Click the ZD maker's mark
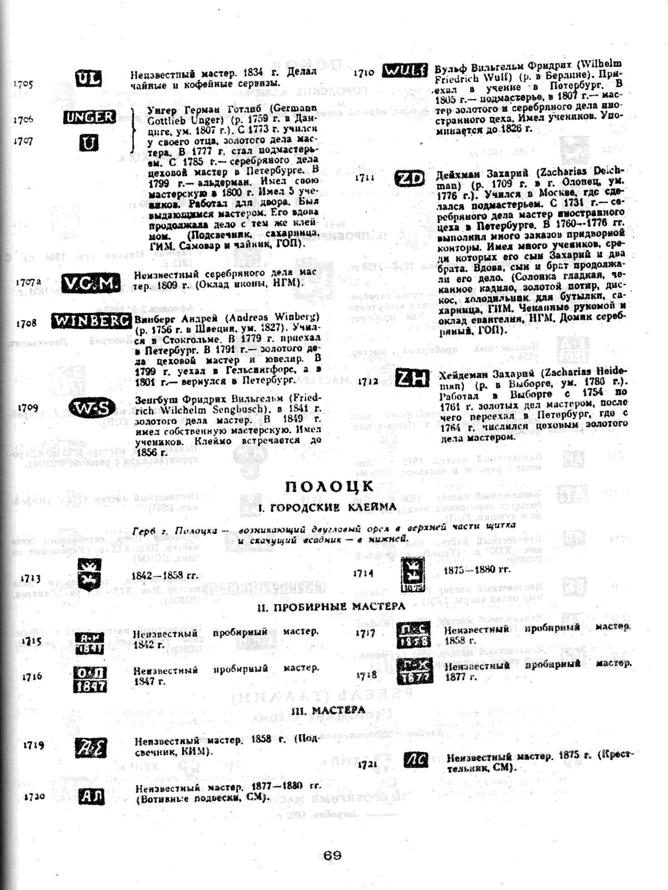point(409,179)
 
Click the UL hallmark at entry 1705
point(88,78)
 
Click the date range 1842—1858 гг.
point(165,576)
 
